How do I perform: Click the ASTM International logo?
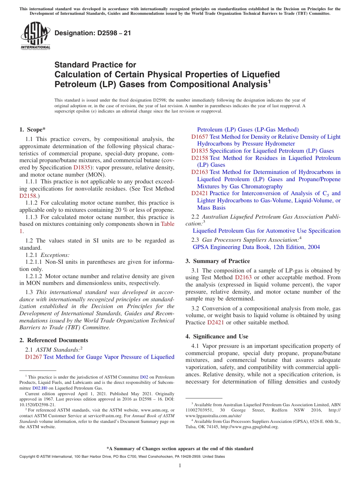point(35,36)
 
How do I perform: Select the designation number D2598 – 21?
point(93,33)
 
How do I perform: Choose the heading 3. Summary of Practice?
point(218,261)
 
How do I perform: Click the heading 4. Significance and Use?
point(217,336)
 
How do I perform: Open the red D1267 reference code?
point(33,357)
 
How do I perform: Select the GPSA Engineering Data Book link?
point(256,247)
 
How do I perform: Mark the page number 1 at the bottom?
point(180,465)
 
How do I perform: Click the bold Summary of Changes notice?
point(180,449)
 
